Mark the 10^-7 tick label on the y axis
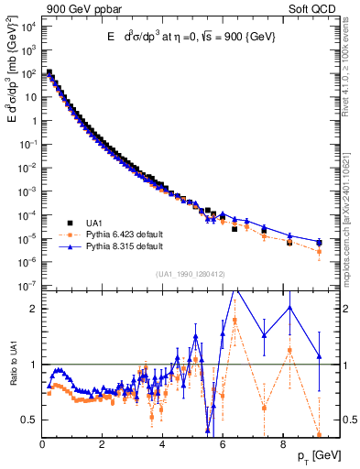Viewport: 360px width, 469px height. (28, 287)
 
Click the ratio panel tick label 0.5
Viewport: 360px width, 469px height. (29, 420)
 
